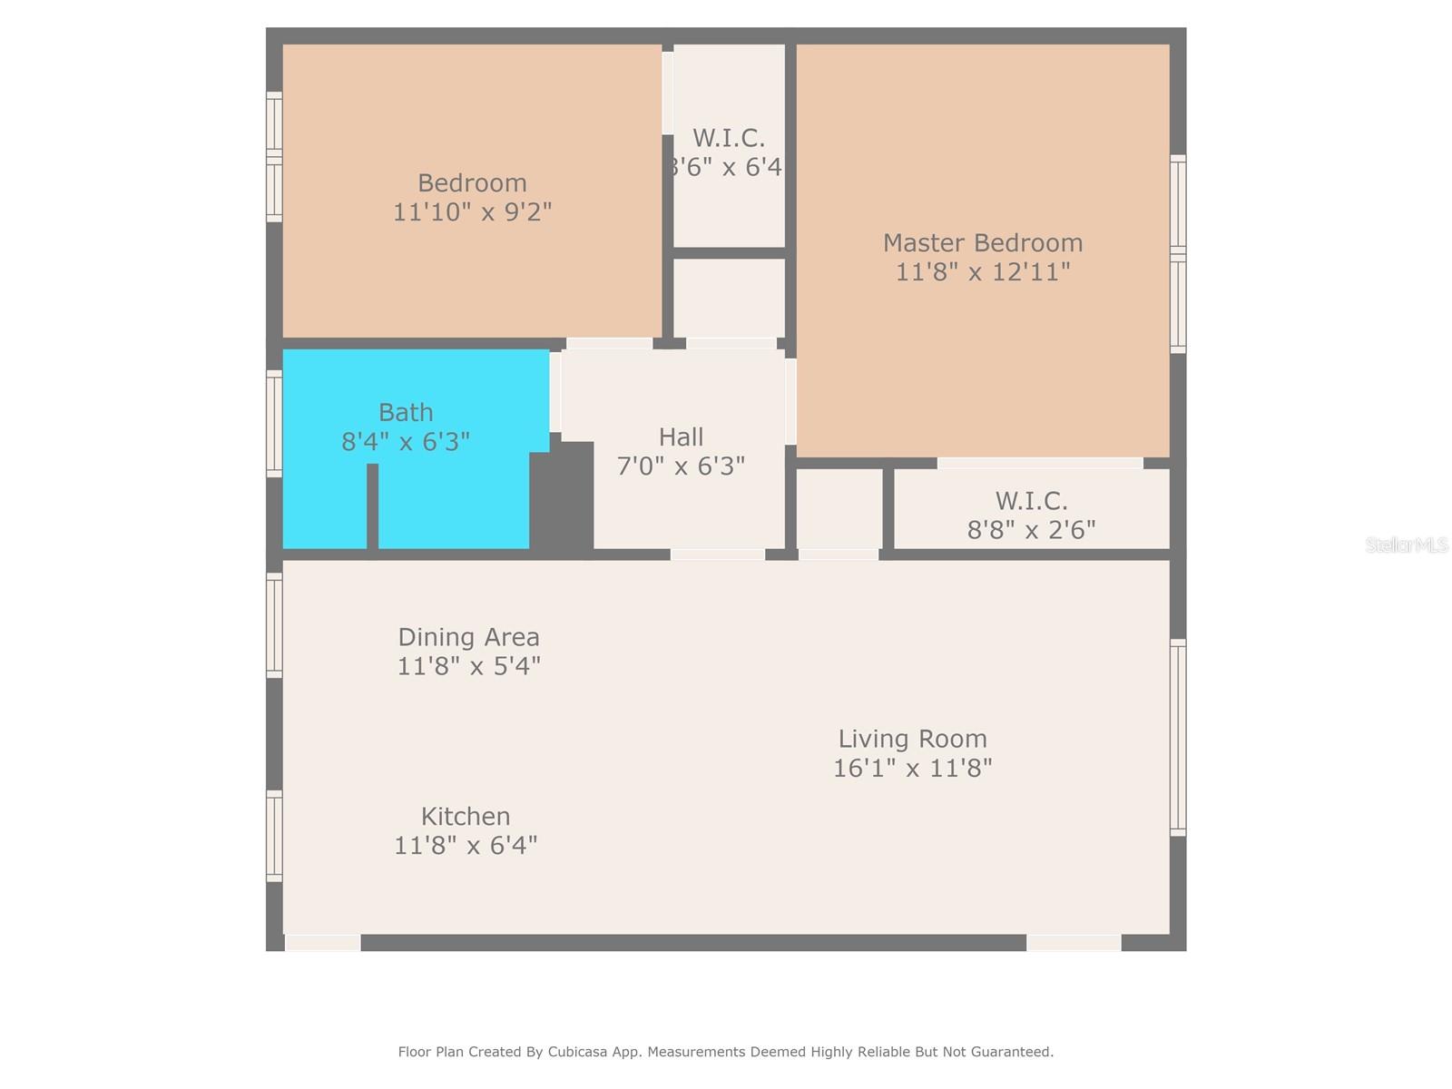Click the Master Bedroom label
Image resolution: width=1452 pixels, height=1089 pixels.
tap(982, 243)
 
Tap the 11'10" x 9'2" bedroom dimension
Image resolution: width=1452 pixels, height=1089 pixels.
tap(472, 212)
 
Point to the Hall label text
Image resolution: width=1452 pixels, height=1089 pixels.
tap(681, 437)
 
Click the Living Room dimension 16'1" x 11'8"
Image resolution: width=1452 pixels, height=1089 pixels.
tap(912, 768)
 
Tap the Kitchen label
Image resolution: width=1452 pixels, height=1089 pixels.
tap(465, 816)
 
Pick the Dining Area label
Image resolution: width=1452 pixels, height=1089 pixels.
tap(468, 637)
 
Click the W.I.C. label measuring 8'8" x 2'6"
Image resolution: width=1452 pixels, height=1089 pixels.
tap(1031, 501)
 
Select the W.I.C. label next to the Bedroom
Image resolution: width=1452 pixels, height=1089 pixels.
tap(728, 138)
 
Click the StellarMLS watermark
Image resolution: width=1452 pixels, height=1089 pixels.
tap(1406, 545)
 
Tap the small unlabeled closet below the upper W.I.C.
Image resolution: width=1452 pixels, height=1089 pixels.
tap(729, 298)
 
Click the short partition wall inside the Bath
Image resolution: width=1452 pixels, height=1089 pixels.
tap(372, 505)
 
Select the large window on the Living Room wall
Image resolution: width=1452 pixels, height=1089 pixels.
tap(1178, 737)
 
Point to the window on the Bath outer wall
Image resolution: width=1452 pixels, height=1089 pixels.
tap(274, 423)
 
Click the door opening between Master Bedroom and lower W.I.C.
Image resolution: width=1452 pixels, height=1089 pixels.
tap(1039, 463)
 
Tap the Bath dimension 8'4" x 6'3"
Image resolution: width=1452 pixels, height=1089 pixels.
tap(405, 442)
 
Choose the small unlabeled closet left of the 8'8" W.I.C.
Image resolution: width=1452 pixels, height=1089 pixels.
tap(839, 508)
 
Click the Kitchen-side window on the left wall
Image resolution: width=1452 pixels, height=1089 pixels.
tap(274, 835)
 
